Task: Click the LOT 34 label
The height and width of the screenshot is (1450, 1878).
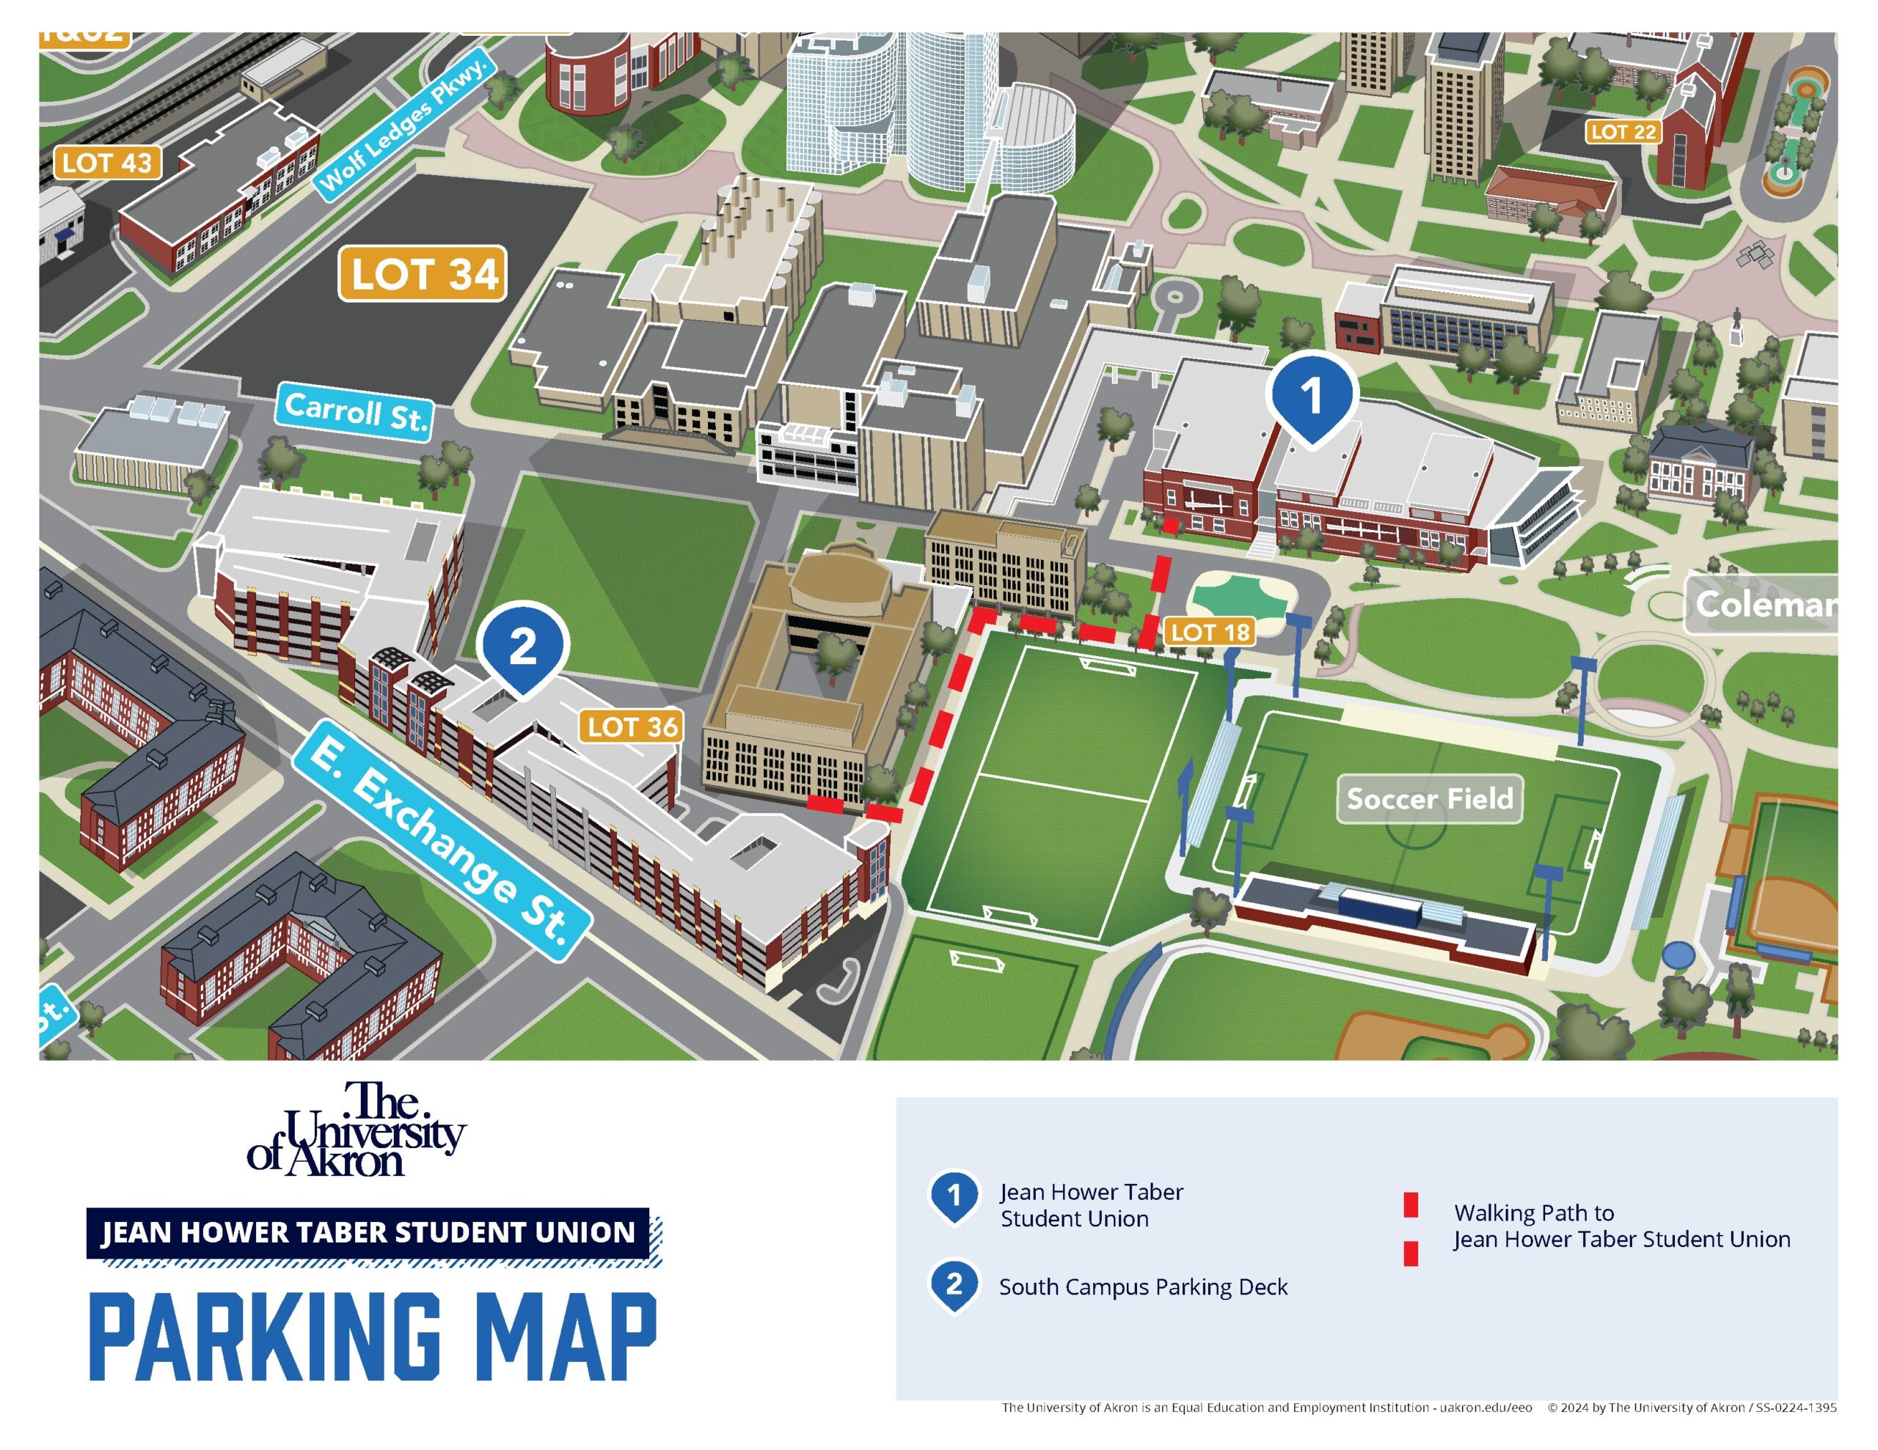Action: [423, 274]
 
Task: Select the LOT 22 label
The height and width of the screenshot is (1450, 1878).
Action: [1623, 131]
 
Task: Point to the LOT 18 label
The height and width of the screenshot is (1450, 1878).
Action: [1210, 632]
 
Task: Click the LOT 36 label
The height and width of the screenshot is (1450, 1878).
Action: [632, 726]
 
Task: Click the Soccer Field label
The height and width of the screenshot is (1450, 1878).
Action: [1429, 798]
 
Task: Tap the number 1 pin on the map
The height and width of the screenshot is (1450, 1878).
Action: [1310, 397]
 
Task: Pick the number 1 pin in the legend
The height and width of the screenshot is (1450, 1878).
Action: [954, 1196]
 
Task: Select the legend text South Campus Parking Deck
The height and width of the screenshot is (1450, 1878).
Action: [1143, 1287]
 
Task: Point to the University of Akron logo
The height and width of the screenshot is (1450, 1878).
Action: [356, 1130]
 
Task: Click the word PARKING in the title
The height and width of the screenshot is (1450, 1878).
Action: [265, 1336]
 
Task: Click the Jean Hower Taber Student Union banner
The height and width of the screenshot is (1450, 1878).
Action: [368, 1232]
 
